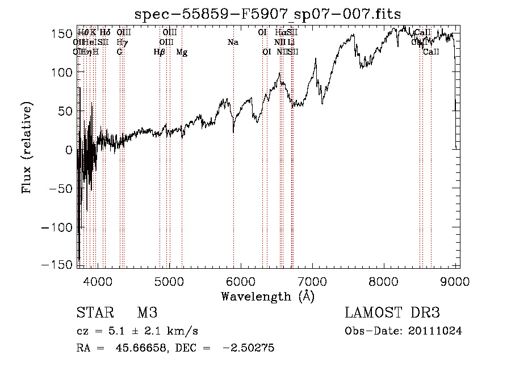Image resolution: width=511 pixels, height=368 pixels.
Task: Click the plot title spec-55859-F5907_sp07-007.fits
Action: click(x=267, y=14)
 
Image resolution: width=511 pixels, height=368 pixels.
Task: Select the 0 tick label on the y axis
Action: click(x=68, y=150)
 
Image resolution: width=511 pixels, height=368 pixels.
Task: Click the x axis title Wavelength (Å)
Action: click(x=267, y=296)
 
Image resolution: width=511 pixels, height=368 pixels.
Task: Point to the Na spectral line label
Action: click(x=233, y=42)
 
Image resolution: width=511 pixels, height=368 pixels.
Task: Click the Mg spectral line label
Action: click(x=182, y=52)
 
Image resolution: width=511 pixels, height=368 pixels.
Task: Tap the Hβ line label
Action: click(x=160, y=52)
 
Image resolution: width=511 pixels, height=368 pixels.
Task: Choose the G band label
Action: click(x=119, y=52)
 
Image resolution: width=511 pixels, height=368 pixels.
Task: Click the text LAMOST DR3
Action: click(x=392, y=313)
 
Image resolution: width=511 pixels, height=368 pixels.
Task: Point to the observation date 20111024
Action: click(x=435, y=331)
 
